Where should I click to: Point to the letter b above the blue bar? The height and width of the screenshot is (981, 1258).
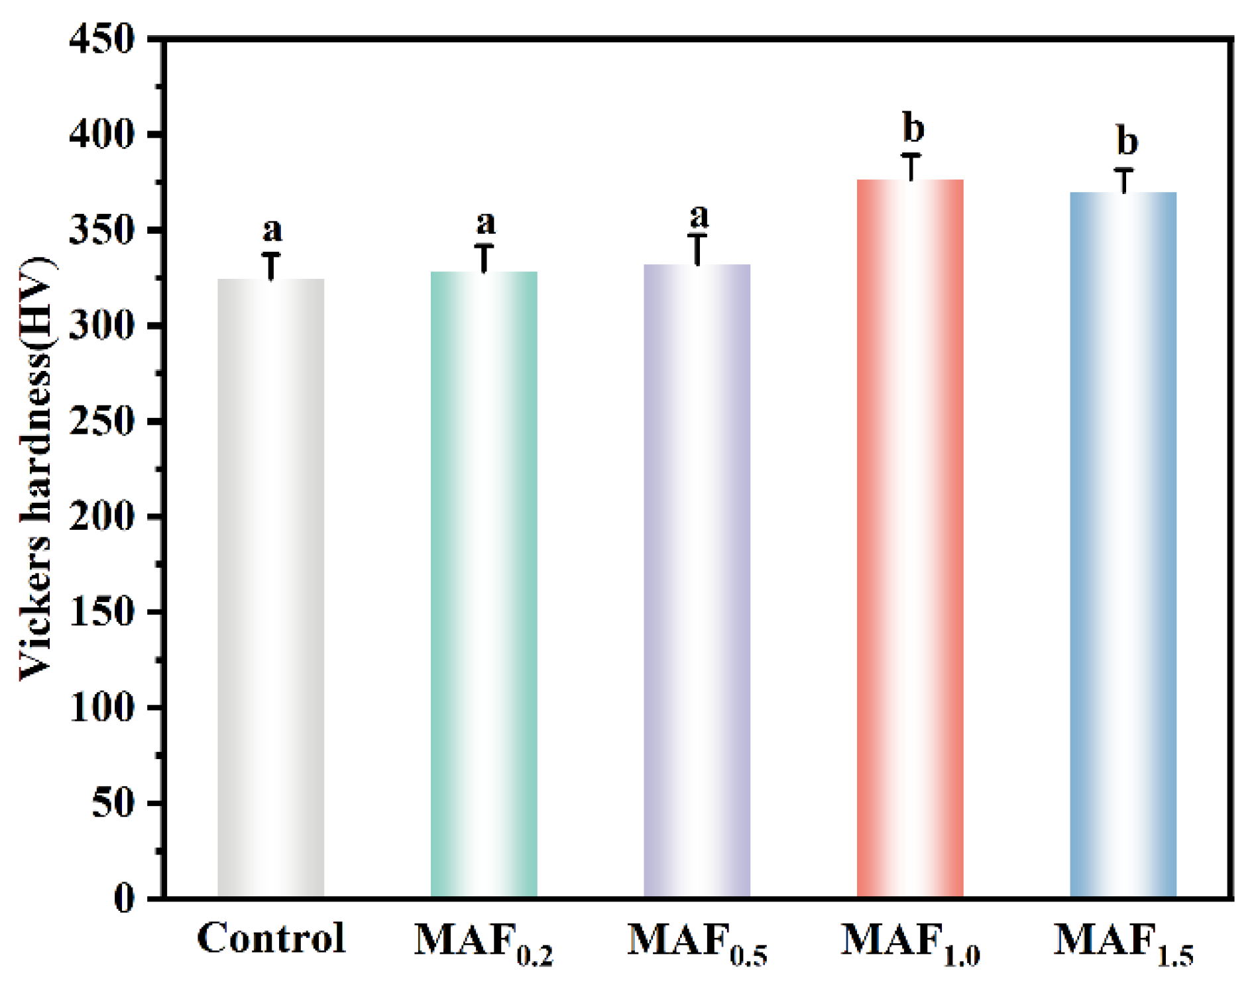(x=1127, y=140)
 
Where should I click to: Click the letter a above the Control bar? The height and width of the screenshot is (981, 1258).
(x=272, y=231)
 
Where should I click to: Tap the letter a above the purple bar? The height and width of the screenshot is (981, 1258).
(x=699, y=217)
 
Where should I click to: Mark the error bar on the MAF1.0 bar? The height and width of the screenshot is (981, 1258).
(x=911, y=166)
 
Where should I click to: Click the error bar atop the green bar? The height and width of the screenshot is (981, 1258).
(x=484, y=258)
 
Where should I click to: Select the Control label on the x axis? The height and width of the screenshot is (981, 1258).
(x=271, y=938)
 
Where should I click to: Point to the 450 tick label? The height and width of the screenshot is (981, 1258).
(x=101, y=40)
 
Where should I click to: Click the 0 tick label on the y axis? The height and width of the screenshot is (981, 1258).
(x=124, y=899)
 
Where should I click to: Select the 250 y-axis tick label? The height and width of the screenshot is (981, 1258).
(x=101, y=421)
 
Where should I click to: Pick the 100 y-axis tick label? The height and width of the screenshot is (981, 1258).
(x=101, y=707)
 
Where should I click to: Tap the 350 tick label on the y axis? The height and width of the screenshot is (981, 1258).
(x=101, y=231)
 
